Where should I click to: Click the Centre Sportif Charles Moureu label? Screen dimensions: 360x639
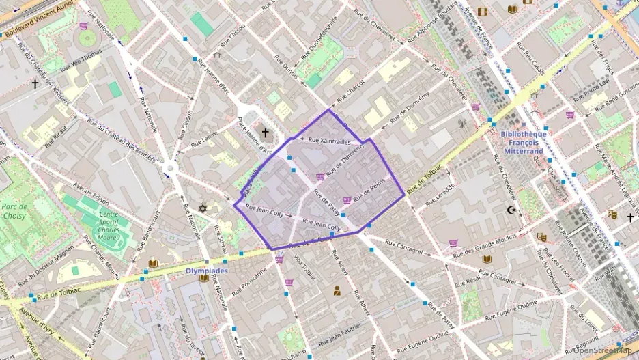[x=100, y=226]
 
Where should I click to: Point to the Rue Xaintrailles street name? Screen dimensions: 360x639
[x=329, y=141]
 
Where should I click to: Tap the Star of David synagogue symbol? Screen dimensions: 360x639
[x=202, y=208]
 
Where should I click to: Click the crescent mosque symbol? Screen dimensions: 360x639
[x=511, y=210]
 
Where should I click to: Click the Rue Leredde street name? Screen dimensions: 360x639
[x=440, y=195]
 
